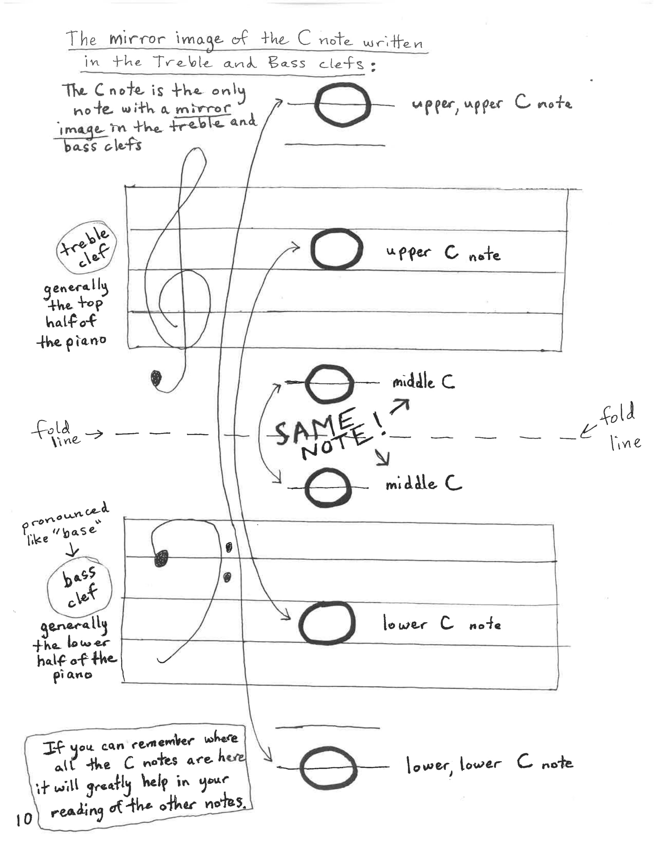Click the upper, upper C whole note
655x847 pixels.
point(342,105)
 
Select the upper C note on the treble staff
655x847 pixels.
point(336,249)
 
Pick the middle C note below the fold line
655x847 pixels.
point(328,487)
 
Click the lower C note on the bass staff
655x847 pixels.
point(327,623)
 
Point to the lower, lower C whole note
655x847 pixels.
point(328,768)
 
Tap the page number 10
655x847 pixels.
point(24,819)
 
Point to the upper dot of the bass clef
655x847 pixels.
point(229,547)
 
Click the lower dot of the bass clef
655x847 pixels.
point(227,577)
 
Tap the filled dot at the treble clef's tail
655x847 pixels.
point(156,378)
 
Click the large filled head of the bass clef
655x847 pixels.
point(161,559)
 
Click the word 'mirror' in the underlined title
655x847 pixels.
point(137,39)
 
